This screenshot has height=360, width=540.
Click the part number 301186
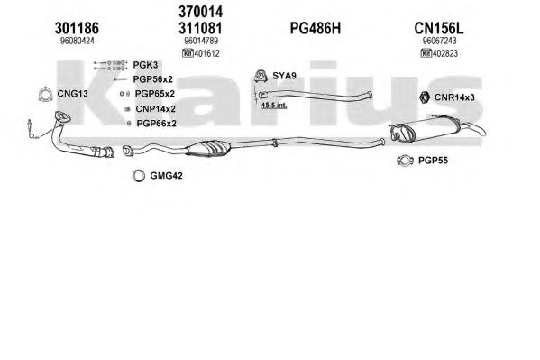pyautogui.click(x=77, y=28)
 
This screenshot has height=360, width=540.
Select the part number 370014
pyautogui.click(x=200, y=12)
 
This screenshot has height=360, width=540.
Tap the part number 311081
pyautogui.click(x=200, y=28)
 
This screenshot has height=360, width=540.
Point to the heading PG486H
pyautogui.click(x=316, y=28)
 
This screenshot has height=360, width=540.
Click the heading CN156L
pyautogui.click(x=439, y=28)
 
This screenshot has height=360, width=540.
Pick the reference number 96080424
pyautogui.click(x=78, y=41)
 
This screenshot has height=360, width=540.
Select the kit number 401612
pyautogui.click(x=207, y=53)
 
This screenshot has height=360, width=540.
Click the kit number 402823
pyautogui.click(x=445, y=53)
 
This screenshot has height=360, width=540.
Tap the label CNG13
pyautogui.click(x=72, y=94)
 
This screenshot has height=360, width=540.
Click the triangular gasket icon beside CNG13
pyautogui.click(x=45, y=94)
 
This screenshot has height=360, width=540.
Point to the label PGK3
pyautogui.click(x=145, y=65)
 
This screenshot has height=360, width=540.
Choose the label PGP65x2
pyautogui.click(x=155, y=94)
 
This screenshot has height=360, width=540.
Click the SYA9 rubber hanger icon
pyautogui.click(x=261, y=77)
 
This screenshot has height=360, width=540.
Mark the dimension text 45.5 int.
pyautogui.click(x=274, y=106)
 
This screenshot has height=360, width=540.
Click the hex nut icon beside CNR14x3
pyautogui.click(x=425, y=97)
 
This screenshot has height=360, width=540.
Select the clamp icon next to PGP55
pyautogui.click(x=405, y=160)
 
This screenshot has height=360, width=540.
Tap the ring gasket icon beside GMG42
pyautogui.click(x=139, y=176)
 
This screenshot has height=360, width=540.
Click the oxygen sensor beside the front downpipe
pyautogui.click(x=32, y=129)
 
